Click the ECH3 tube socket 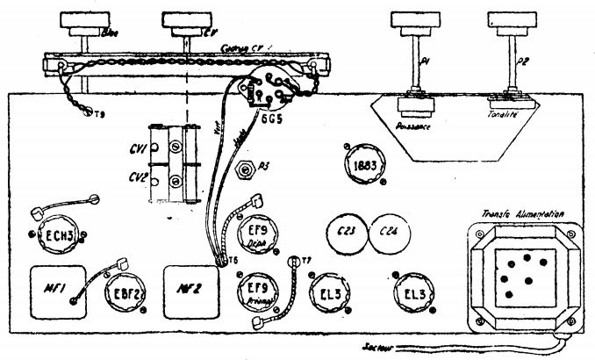click(x=54, y=234)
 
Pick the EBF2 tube click(x=123, y=294)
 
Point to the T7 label click(x=306, y=259)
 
